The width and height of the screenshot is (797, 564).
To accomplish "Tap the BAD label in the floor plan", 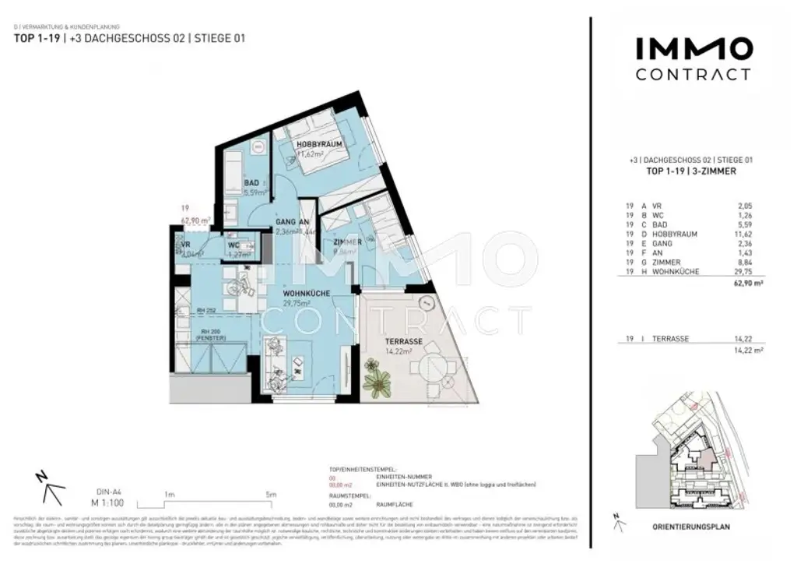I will [251, 183].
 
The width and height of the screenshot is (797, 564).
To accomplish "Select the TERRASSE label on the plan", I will [401, 342].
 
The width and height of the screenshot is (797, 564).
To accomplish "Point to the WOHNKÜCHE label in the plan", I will [306, 293].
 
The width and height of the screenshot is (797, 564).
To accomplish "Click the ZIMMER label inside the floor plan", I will [347, 242].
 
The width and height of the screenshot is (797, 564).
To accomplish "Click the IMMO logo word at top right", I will [694, 50].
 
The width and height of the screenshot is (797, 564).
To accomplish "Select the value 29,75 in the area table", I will [744, 271].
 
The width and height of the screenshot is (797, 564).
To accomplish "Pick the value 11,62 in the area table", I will [744, 234].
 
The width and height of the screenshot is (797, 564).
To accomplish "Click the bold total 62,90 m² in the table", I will [741, 286].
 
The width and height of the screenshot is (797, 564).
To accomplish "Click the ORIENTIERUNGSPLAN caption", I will [692, 527].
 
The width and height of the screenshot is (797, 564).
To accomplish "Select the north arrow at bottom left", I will [48, 488].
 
